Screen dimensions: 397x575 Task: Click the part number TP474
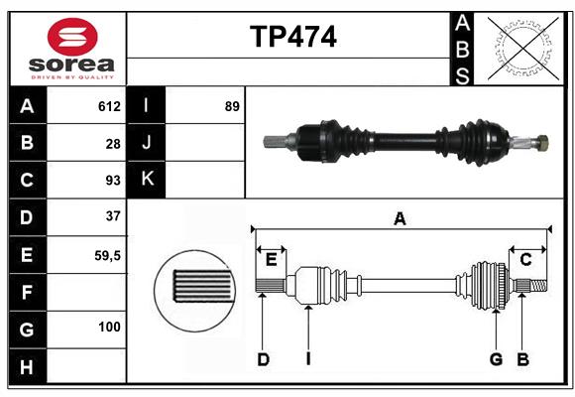coord(292,37)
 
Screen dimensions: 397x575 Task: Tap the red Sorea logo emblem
coord(72,39)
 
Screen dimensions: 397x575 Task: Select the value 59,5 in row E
coord(107,255)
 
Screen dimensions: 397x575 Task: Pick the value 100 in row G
coord(109,327)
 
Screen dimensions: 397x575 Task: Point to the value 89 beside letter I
coord(232,106)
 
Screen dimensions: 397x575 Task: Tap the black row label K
coord(147,180)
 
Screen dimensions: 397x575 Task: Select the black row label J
coord(147,143)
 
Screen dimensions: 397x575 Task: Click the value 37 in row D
coord(112,215)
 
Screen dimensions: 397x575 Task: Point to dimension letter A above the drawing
coord(400,219)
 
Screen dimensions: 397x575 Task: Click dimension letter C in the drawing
coord(525,260)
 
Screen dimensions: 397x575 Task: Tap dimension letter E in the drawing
coord(271,260)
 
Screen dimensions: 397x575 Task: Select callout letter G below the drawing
coord(496,359)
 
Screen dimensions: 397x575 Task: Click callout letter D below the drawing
coord(263,359)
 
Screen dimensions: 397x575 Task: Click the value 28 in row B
coord(112,143)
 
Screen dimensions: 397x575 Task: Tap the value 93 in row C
coord(112,180)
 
